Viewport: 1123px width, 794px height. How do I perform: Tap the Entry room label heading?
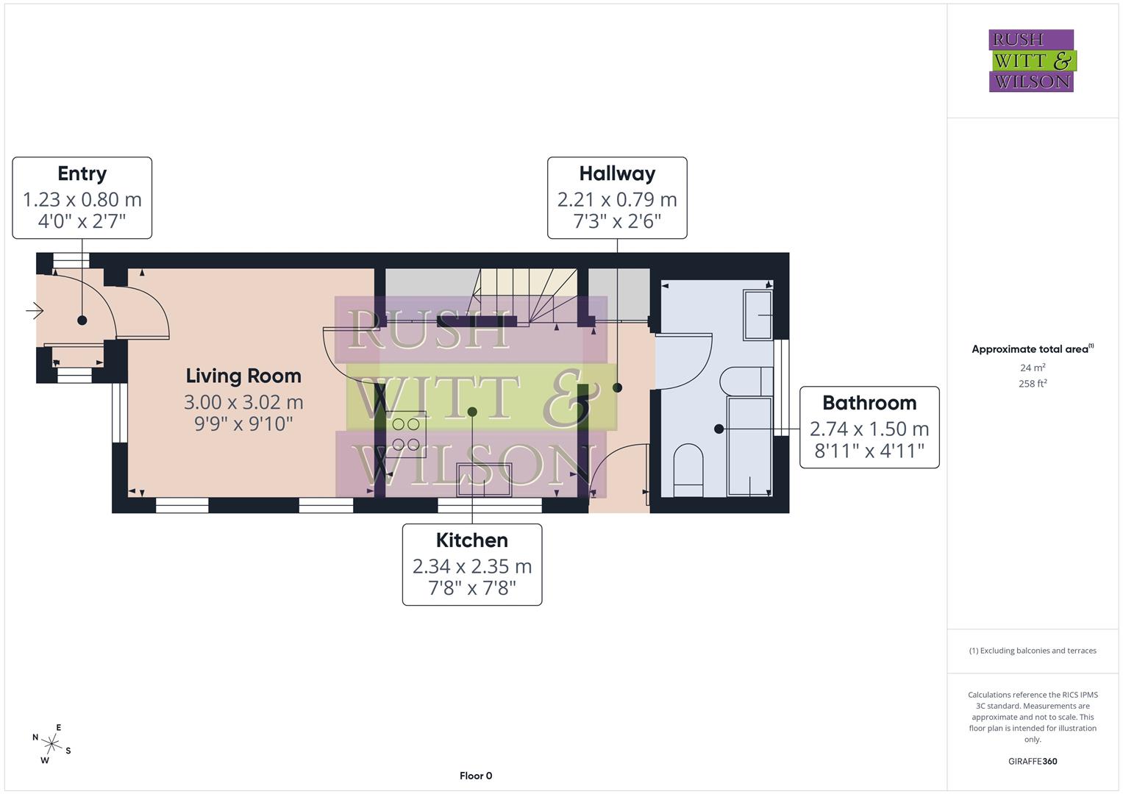(82, 174)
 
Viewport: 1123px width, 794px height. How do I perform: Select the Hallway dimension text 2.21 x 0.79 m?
(616, 199)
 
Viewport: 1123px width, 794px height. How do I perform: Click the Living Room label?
(243, 376)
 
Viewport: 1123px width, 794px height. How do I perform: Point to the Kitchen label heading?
(471, 540)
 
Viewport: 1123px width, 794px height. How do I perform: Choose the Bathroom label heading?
(869, 403)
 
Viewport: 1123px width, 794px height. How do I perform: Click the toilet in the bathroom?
(688, 465)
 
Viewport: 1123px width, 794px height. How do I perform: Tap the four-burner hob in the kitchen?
(405, 434)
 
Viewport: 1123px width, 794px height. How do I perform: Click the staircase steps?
(525, 293)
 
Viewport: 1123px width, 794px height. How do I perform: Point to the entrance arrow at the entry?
(35, 312)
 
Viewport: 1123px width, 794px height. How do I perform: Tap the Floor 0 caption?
(476, 776)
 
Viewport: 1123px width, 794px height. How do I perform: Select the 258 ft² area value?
(1032, 384)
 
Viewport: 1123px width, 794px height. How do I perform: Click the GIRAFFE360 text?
(1032, 761)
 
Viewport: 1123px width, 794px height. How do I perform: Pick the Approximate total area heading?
(1032, 349)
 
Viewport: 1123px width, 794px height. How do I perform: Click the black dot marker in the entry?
(82, 320)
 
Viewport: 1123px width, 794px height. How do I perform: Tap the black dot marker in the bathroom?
(719, 429)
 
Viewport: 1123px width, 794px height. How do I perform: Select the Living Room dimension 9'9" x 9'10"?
(243, 424)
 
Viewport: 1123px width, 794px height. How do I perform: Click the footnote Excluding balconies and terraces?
(1032, 651)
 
